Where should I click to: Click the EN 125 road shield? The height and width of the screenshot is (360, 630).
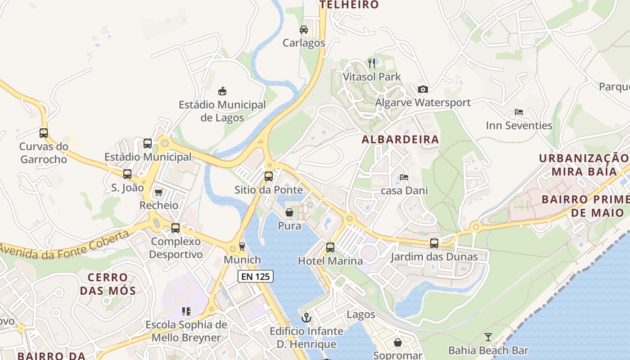pos(256,276)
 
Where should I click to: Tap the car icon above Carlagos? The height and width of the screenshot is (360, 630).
pos(304,30)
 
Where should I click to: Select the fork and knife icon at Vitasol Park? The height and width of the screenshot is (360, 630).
pos(372,63)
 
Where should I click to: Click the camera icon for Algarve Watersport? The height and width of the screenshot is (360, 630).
pos(423,89)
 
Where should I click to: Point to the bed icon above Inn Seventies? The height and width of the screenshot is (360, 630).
pos(519,112)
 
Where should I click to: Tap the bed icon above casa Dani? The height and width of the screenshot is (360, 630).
pos(404,177)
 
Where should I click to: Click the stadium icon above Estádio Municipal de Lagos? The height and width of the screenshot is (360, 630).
pos(222,91)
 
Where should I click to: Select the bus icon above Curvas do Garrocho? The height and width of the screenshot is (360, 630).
pos(44,133)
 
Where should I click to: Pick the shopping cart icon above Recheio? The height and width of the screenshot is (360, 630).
pos(158,193)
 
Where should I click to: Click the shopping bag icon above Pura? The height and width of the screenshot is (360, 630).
pos(289,212)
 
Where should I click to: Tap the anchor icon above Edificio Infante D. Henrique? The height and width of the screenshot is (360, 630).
pos(306,318)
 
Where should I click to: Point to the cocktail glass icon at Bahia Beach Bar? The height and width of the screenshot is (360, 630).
pos(488,337)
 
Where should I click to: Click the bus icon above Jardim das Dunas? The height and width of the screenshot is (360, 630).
pos(434,243)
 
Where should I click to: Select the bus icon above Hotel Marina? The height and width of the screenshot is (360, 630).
pos(330,247)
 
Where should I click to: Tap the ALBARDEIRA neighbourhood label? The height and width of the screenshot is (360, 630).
pos(400,139)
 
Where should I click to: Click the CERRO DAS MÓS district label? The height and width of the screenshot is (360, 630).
pos(108,284)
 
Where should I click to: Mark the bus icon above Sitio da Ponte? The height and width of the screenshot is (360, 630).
pos(269,176)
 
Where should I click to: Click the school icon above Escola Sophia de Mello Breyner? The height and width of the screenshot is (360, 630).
pos(186,311)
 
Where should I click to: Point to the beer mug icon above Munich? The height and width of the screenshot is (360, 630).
pos(242,246)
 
